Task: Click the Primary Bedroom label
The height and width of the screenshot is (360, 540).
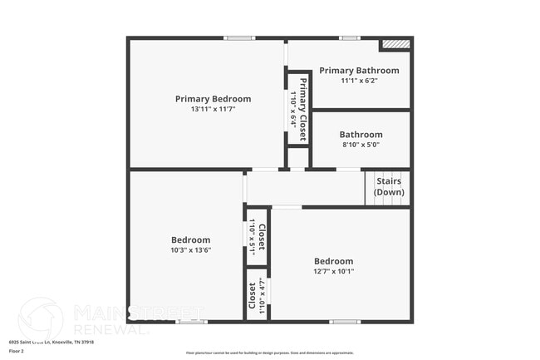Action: tap(213, 99)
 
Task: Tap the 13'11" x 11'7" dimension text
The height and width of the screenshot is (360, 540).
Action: tap(213, 109)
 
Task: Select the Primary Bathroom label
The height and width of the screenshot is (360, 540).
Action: tap(359, 71)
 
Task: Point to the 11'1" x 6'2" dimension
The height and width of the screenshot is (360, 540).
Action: tap(359, 81)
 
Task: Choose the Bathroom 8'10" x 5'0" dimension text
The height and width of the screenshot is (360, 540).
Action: tap(361, 144)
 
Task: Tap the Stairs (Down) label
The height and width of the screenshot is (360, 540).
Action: tap(389, 186)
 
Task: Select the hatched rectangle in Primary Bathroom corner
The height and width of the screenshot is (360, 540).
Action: tap(395, 44)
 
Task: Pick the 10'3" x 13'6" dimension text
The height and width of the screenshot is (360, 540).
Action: tap(190, 249)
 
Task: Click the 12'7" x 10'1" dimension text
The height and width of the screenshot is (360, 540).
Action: tap(333, 270)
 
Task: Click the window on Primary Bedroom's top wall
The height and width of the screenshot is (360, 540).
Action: tap(239, 37)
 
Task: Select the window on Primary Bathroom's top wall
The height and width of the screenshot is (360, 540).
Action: tap(349, 37)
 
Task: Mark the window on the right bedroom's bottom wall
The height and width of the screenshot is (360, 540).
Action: tap(344, 322)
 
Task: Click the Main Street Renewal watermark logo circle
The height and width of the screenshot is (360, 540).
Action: tap(41, 319)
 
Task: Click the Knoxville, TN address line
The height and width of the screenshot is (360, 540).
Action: tap(52, 341)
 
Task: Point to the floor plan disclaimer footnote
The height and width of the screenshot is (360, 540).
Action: tap(270, 353)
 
